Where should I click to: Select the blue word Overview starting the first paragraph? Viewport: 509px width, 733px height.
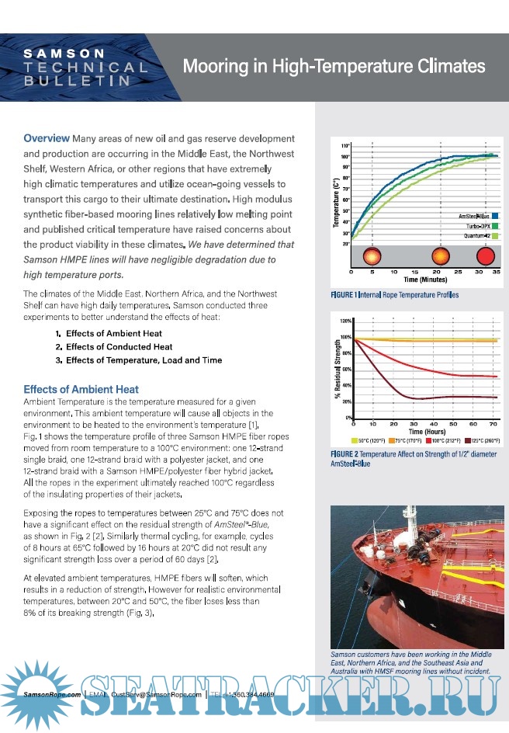47,138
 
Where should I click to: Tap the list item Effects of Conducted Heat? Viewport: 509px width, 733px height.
119,346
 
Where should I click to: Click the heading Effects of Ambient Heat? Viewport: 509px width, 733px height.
81,389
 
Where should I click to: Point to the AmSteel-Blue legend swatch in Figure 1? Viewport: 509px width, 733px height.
494,214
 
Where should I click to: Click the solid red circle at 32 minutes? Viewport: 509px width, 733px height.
486,255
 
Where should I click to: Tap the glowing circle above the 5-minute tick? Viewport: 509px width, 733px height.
373,255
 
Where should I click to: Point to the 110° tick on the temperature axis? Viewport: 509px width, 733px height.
346,145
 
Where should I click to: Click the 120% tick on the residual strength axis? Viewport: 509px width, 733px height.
346,321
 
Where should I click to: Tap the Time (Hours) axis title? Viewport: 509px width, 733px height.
426,431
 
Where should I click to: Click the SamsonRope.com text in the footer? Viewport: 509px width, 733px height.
52,693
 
